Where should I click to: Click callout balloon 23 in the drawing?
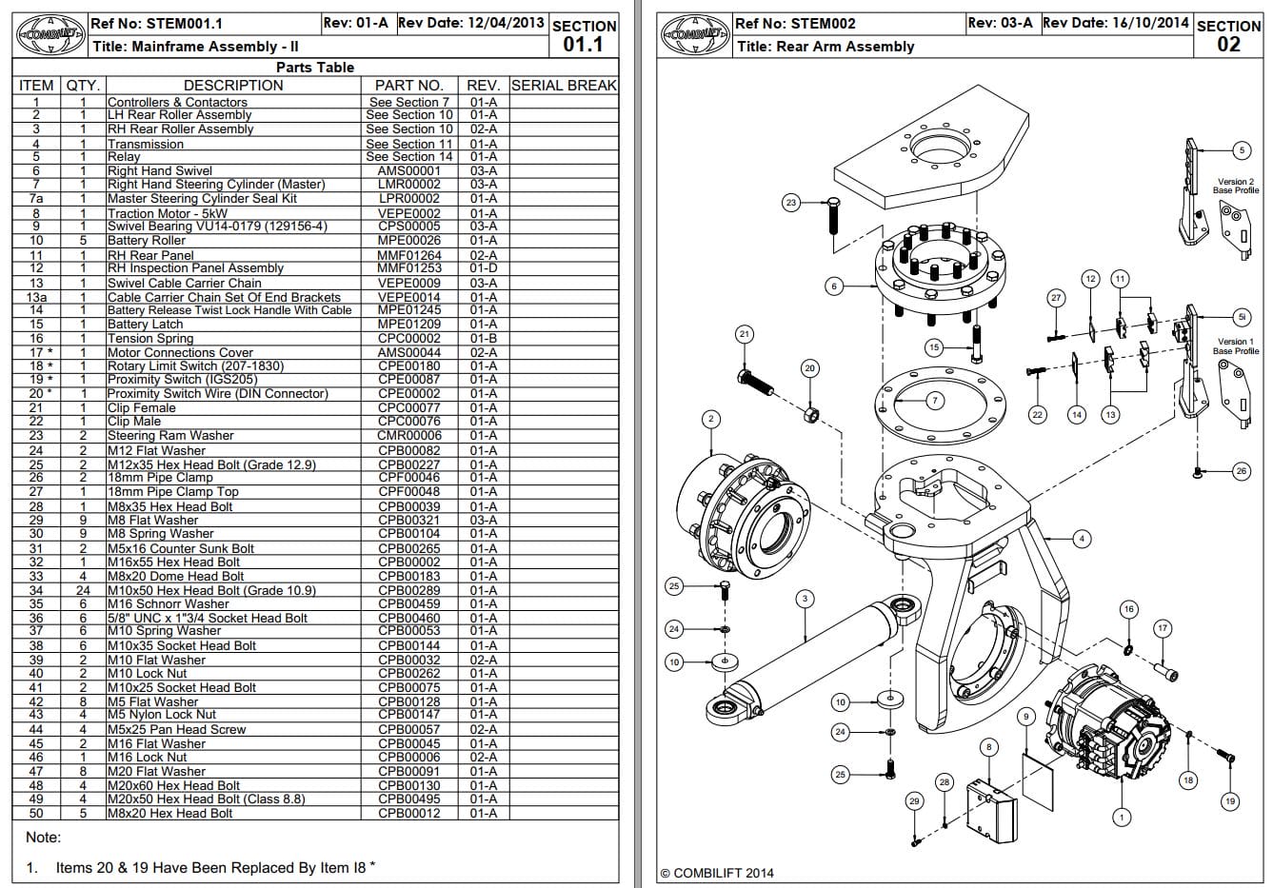point(791,203)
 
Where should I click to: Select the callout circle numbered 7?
point(935,401)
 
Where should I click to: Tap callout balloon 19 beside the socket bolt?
point(1229,801)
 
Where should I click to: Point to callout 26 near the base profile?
point(1241,471)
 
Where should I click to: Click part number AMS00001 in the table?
point(408,171)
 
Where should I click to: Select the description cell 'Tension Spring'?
point(143,339)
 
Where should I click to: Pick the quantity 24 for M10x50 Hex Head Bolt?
point(83,590)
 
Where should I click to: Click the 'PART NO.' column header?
point(408,85)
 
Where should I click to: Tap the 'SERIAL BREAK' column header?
point(564,85)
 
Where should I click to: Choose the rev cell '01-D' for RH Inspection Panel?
point(483,268)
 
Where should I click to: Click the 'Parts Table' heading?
point(314,67)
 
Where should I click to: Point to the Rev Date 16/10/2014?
point(1116,23)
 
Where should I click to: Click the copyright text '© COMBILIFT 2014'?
point(716,873)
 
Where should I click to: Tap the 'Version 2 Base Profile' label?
point(1235,186)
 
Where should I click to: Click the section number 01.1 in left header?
point(583,44)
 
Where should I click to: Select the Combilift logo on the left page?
point(50,35)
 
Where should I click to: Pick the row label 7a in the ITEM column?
point(36,199)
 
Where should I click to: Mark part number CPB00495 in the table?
point(408,799)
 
